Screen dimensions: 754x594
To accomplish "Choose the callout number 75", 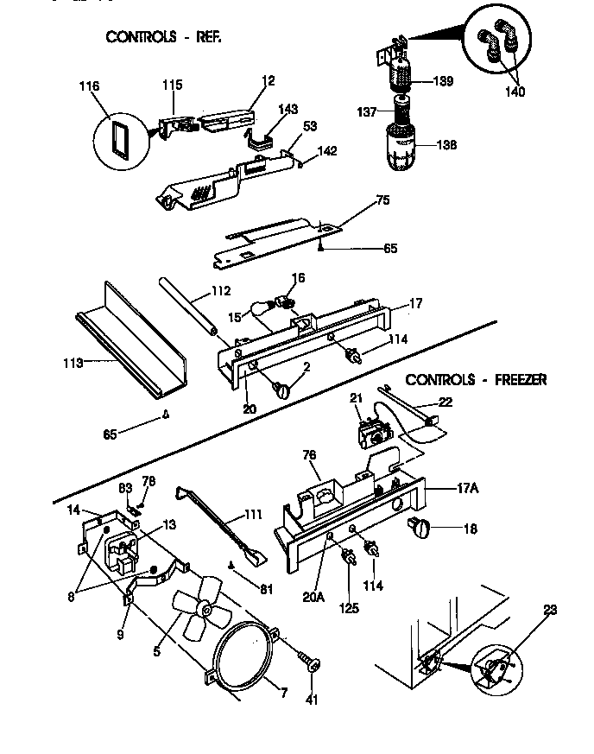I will click(x=382, y=200).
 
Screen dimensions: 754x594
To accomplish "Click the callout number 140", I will click(x=515, y=92).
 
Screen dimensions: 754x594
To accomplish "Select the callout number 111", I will click(x=253, y=516).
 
